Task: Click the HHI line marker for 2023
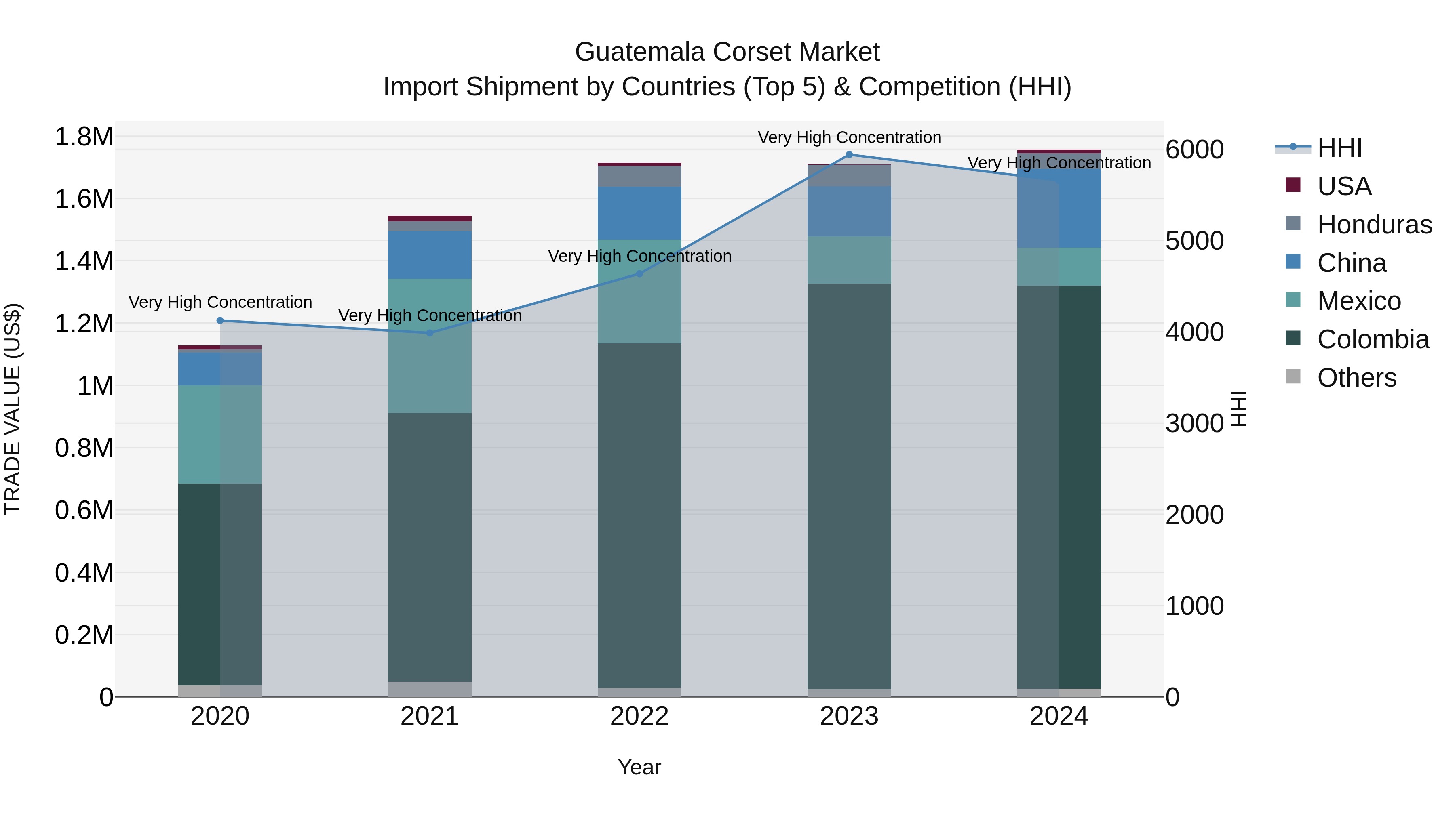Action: coord(849,155)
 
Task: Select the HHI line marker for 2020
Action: coord(220,321)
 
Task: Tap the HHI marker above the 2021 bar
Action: coord(430,333)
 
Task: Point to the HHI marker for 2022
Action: coord(639,274)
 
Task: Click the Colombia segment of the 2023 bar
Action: coord(849,486)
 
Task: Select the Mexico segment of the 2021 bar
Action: coord(430,345)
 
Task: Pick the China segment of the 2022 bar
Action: coord(639,213)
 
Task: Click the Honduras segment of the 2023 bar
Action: coord(849,176)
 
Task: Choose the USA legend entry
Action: coord(1344,186)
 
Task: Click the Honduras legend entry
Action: coord(1374,225)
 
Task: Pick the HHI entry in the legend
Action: coord(1339,148)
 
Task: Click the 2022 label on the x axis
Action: coord(639,716)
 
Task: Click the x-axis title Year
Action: coord(639,767)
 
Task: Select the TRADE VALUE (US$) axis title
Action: coord(13,409)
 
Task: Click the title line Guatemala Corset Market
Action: coord(727,52)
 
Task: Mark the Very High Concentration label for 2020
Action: coord(220,303)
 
